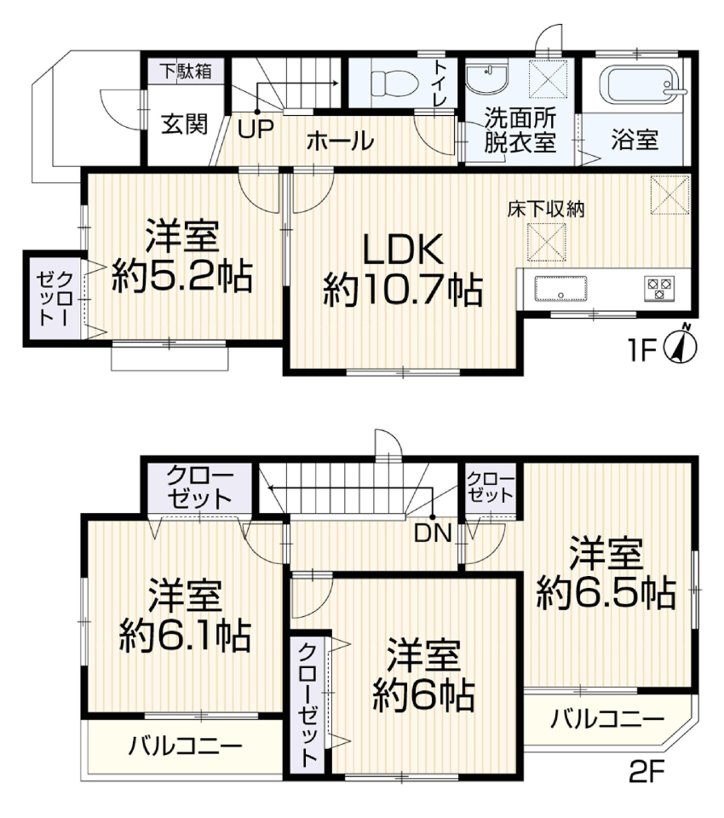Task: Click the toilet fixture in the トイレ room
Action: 394,84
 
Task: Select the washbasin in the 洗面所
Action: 486,78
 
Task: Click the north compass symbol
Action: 681,345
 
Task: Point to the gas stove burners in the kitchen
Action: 660,288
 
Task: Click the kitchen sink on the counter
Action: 560,289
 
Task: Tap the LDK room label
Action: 402,250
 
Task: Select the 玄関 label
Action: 184,124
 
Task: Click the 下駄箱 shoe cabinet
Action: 186,71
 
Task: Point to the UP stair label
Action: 256,130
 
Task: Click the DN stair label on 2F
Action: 433,533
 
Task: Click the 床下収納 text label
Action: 546,210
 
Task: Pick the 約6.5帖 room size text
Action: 606,594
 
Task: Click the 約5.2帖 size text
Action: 182,276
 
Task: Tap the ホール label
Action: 340,141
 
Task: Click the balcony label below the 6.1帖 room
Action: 186,746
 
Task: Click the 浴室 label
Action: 635,141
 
